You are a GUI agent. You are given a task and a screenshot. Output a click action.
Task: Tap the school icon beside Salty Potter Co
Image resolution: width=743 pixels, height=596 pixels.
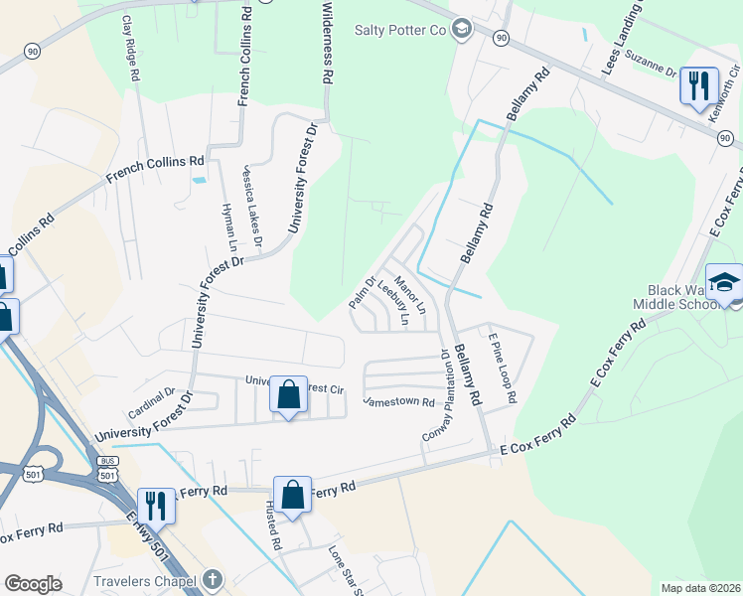pos(461,28)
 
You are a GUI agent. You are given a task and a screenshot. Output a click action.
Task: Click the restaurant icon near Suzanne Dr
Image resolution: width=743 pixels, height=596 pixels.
pos(699,86)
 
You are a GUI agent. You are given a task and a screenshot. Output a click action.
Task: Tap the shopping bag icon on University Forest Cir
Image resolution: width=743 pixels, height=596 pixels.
pos(288,395)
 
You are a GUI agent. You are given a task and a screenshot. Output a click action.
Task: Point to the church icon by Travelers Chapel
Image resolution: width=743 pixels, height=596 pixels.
pos(212,578)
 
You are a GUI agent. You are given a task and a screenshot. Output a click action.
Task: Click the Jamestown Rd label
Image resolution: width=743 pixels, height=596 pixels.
pos(398,402)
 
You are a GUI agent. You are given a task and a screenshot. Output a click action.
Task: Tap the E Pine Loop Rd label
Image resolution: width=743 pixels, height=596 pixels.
pos(502,368)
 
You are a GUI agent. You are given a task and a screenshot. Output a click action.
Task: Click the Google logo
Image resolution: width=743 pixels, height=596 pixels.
pos(33,583)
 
